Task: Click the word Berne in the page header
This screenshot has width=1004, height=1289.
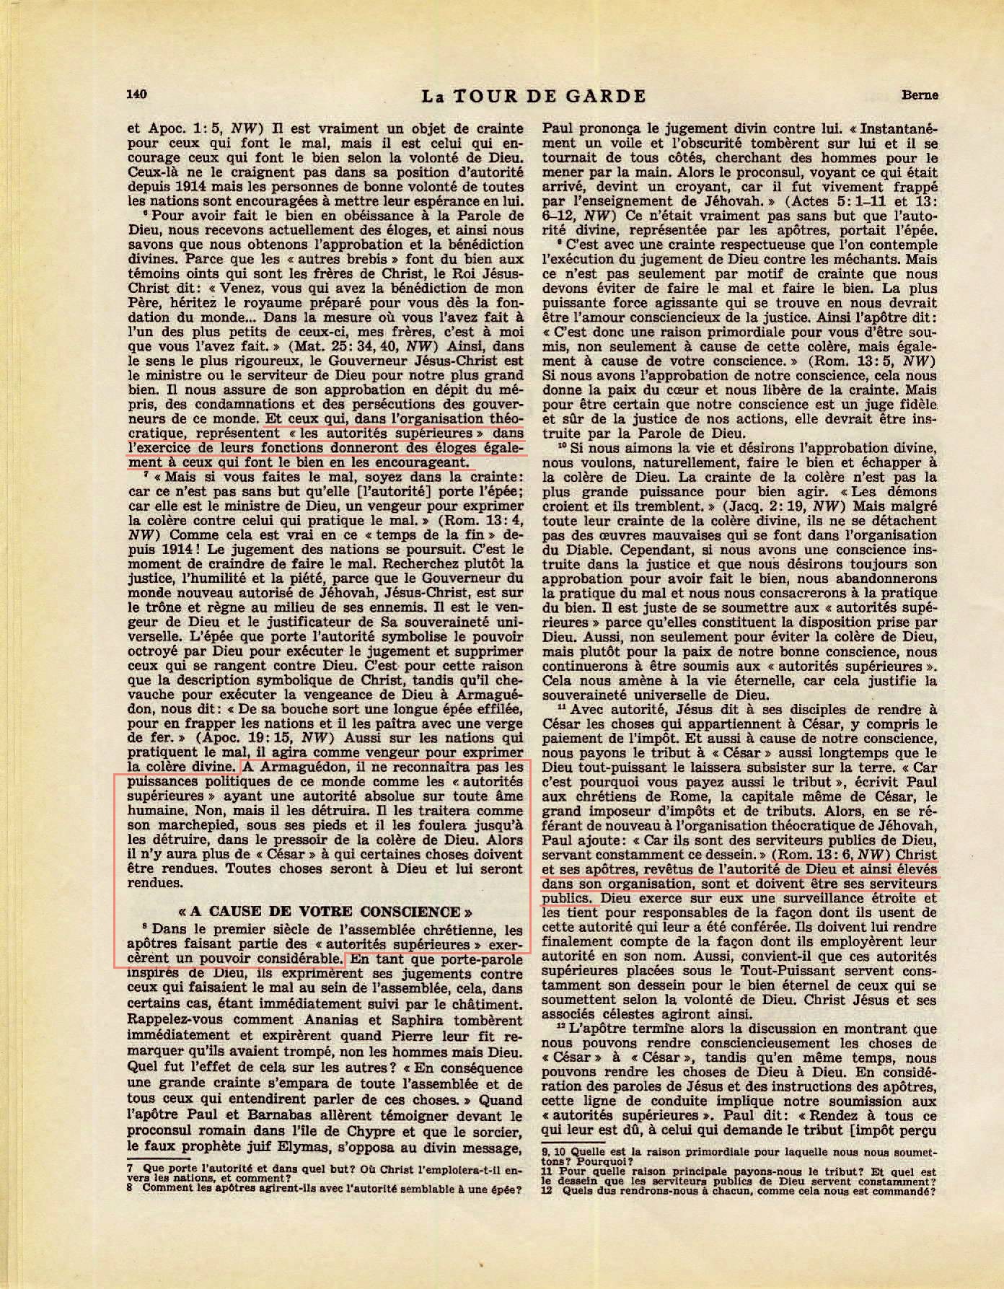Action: (919, 94)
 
